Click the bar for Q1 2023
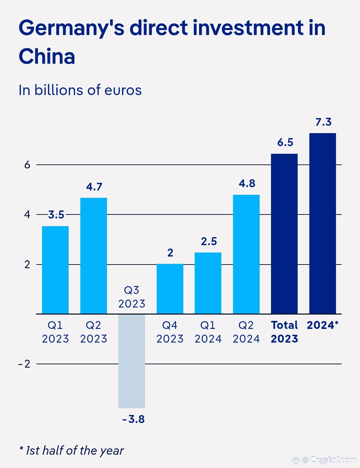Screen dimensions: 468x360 click(55, 270)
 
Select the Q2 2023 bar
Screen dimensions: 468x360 click(94, 256)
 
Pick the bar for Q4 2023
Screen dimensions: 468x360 click(170, 289)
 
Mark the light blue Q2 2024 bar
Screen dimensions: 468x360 click(246, 254)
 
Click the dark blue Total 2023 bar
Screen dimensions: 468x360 click(284, 233)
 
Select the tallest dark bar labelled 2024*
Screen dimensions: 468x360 click(323, 223)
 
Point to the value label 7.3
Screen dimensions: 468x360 click(323, 122)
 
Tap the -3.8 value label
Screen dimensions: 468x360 click(133, 419)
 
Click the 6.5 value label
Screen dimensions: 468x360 click(285, 142)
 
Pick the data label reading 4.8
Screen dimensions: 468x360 click(247, 183)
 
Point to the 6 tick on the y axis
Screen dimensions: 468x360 click(27, 165)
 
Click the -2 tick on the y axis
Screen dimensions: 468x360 click(24, 364)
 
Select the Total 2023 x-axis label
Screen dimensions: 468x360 click(284, 332)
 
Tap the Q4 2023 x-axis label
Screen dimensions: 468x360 click(170, 332)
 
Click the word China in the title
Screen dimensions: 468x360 click(47, 56)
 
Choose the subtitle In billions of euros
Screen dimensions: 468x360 click(80, 90)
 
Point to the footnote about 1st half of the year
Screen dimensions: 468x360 click(72, 450)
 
